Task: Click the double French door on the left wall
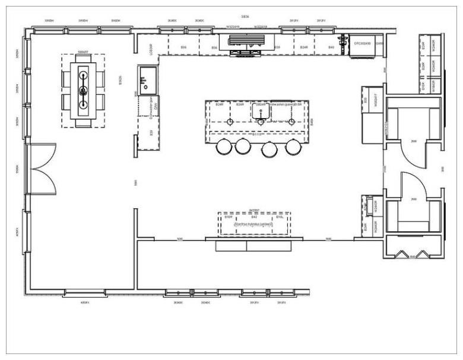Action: [42, 170]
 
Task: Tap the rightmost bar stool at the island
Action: [292, 147]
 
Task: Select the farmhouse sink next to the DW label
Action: [147, 76]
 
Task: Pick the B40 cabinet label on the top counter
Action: [331, 46]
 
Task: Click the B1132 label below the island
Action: [258, 135]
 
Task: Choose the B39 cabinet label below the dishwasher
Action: [151, 132]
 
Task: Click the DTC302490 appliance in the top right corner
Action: [363, 44]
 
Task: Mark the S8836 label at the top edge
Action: [245, 16]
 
